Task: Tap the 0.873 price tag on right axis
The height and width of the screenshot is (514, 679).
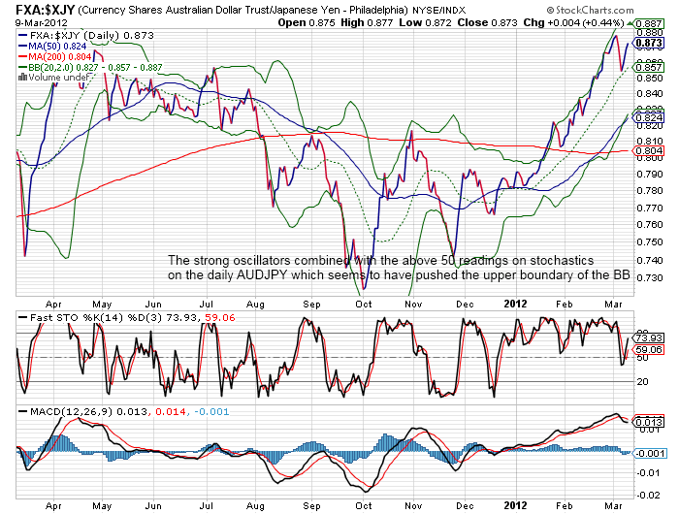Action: [647, 43]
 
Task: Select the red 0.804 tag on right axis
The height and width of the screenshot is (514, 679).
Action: [647, 150]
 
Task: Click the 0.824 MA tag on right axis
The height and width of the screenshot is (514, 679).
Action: [647, 116]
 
